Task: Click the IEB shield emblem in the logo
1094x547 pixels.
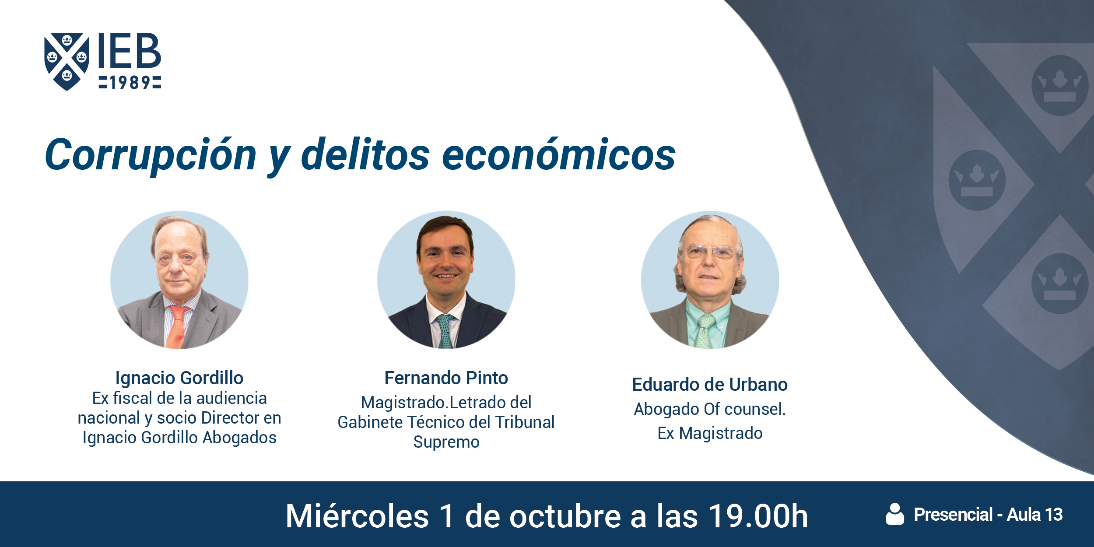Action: pyautogui.click(x=67, y=61)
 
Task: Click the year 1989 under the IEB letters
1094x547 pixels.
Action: pyautogui.click(x=130, y=82)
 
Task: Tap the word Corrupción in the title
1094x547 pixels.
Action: pyautogui.click(x=151, y=155)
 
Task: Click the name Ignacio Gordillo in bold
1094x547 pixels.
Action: pyautogui.click(x=179, y=378)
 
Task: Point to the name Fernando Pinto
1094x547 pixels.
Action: pyautogui.click(x=446, y=378)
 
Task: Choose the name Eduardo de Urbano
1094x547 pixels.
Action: pyautogui.click(x=710, y=385)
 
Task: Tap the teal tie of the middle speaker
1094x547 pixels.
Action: pyautogui.click(x=445, y=331)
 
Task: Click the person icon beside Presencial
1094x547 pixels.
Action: pyautogui.click(x=895, y=514)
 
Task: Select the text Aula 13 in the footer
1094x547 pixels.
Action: pyautogui.click(x=1035, y=515)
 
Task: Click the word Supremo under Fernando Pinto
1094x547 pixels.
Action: pyautogui.click(x=446, y=442)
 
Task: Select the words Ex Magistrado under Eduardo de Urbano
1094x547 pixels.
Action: pyautogui.click(x=710, y=434)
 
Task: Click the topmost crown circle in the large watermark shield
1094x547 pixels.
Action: pyautogui.click(x=1060, y=85)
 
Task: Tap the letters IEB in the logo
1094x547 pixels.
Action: pyautogui.click(x=130, y=50)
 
